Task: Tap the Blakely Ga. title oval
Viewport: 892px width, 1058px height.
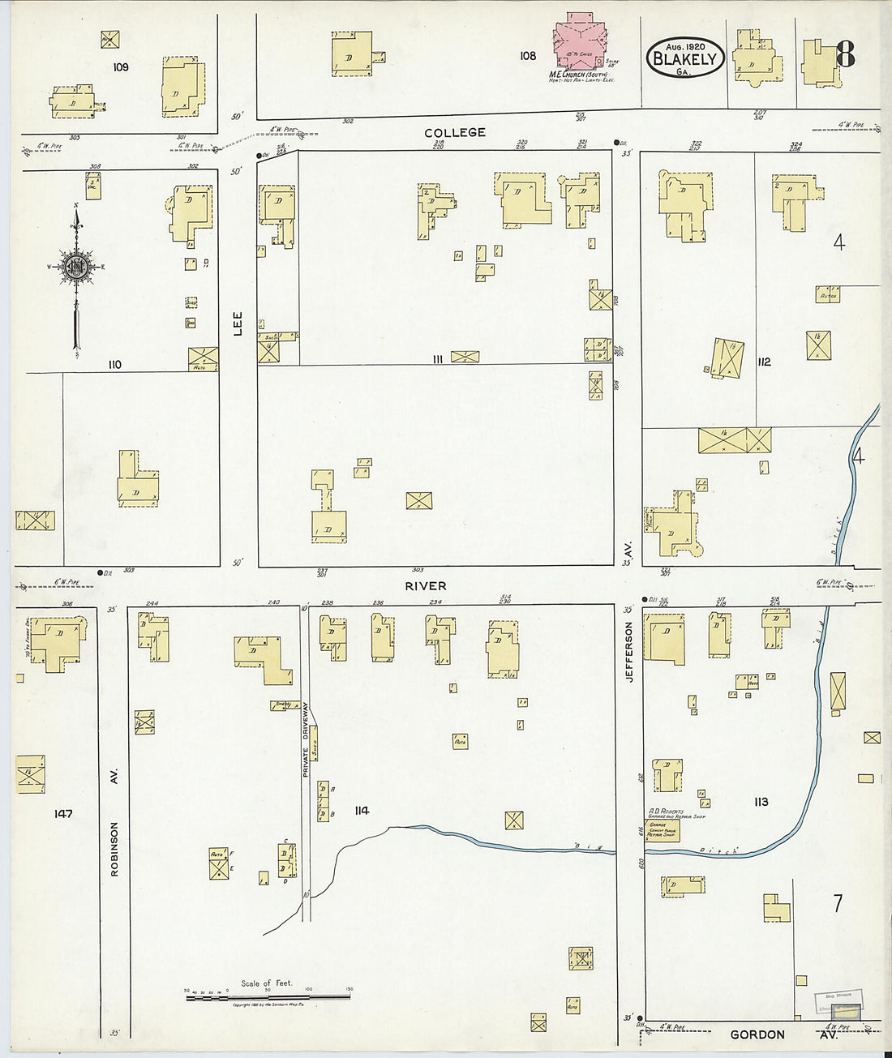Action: [x=684, y=58]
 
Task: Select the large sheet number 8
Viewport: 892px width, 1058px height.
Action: [x=844, y=54]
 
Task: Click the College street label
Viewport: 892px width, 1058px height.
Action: [x=455, y=132]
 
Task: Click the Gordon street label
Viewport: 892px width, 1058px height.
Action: [x=757, y=1034]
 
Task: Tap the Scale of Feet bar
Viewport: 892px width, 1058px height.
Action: [x=268, y=997]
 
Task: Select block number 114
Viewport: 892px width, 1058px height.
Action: [x=362, y=810]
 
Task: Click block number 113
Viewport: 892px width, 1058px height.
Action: [x=760, y=802]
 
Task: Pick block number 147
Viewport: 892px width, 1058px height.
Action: [x=63, y=813]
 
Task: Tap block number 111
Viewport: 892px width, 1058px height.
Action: [x=437, y=358]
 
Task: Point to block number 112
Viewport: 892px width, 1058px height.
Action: [x=763, y=362]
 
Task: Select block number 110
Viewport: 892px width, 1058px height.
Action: [x=114, y=365]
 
